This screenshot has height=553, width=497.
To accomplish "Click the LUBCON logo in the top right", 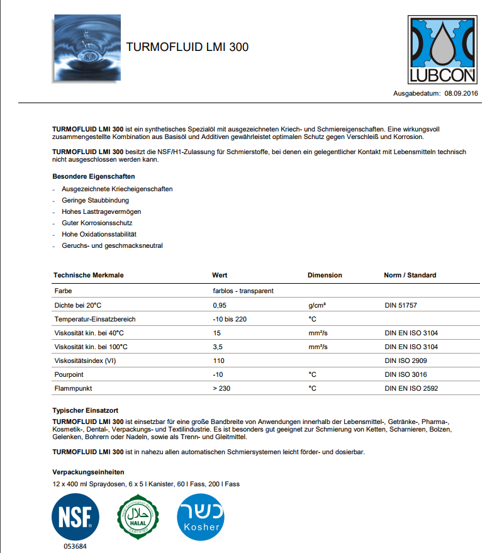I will click(443, 50).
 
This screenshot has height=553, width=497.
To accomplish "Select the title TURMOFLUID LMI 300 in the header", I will click(187, 47).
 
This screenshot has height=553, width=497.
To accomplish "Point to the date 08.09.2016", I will click(462, 92).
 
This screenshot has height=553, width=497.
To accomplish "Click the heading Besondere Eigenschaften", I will click(94, 176).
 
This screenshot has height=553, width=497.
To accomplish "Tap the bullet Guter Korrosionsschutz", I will click(97, 223).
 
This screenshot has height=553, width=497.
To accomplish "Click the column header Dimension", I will click(325, 275).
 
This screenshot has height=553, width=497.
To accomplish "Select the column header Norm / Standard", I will click(410, 275).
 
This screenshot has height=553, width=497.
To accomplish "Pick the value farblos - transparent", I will click(243, 291).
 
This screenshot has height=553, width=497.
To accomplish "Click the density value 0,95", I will click(220, 305).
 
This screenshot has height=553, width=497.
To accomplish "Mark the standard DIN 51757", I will click(400, 305).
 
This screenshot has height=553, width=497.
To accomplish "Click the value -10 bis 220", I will click(230, 319).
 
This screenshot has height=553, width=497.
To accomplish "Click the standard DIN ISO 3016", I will click(405, 374).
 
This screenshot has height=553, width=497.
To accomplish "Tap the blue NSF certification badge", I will click(75, 515).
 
